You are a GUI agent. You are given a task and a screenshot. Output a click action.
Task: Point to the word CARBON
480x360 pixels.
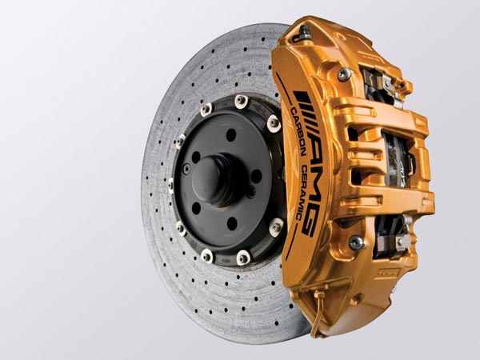[x=297, y=132]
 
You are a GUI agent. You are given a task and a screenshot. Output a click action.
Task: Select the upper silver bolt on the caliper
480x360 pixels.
[x=345, y=74]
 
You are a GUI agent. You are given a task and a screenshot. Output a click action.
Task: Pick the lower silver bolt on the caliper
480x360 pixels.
[x=356, y=242]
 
